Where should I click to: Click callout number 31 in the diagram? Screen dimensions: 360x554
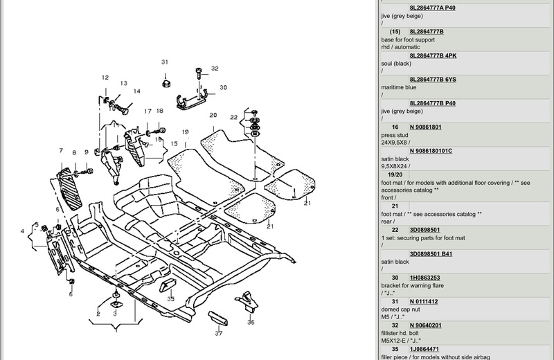[165, 62]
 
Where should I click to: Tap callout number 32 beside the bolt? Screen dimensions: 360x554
[215, 69]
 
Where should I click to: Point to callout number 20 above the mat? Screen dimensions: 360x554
[213, 116]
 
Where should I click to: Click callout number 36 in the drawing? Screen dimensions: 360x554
[251, 322]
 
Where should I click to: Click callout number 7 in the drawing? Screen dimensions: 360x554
[61, 151]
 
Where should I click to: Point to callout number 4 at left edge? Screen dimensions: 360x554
[23, 231]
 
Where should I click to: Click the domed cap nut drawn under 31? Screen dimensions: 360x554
[166, 84]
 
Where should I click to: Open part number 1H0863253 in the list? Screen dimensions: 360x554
[434, 277]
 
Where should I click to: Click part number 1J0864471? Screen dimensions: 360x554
[434, 349]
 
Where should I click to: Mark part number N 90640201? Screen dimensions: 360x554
[434, 325]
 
